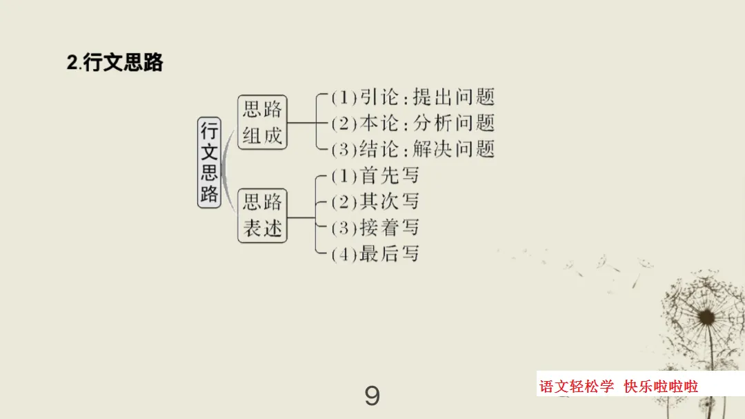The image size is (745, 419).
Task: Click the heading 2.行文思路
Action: [115, 62]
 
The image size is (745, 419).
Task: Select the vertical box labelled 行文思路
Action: [209, 163]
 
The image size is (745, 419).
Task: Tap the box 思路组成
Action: [262, 122]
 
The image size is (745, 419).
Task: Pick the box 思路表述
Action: [262, 215]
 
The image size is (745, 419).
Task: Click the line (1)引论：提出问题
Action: [413, 97]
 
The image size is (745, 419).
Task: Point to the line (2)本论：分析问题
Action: [413, 123]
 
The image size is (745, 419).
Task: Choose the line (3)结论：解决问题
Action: [413, 149]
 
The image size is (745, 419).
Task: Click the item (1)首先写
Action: [375, 175]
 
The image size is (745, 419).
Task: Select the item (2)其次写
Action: [375, 202]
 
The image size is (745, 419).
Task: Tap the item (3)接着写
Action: [375, 227]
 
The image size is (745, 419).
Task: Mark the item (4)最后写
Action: [375, 253]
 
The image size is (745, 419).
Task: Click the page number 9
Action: [372, 396]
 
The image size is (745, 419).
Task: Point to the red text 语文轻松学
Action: [576, 386]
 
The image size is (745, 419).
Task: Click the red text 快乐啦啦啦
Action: [661, 386]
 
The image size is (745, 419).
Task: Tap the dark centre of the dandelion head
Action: [706, 317]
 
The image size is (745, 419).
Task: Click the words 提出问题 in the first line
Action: [454, 97]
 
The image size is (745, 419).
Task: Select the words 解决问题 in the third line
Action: [454, 149]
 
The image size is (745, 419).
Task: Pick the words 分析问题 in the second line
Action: [454, 123]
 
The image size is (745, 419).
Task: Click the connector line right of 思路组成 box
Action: [301, 123]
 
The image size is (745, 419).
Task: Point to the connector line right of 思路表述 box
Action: [301, 218]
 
